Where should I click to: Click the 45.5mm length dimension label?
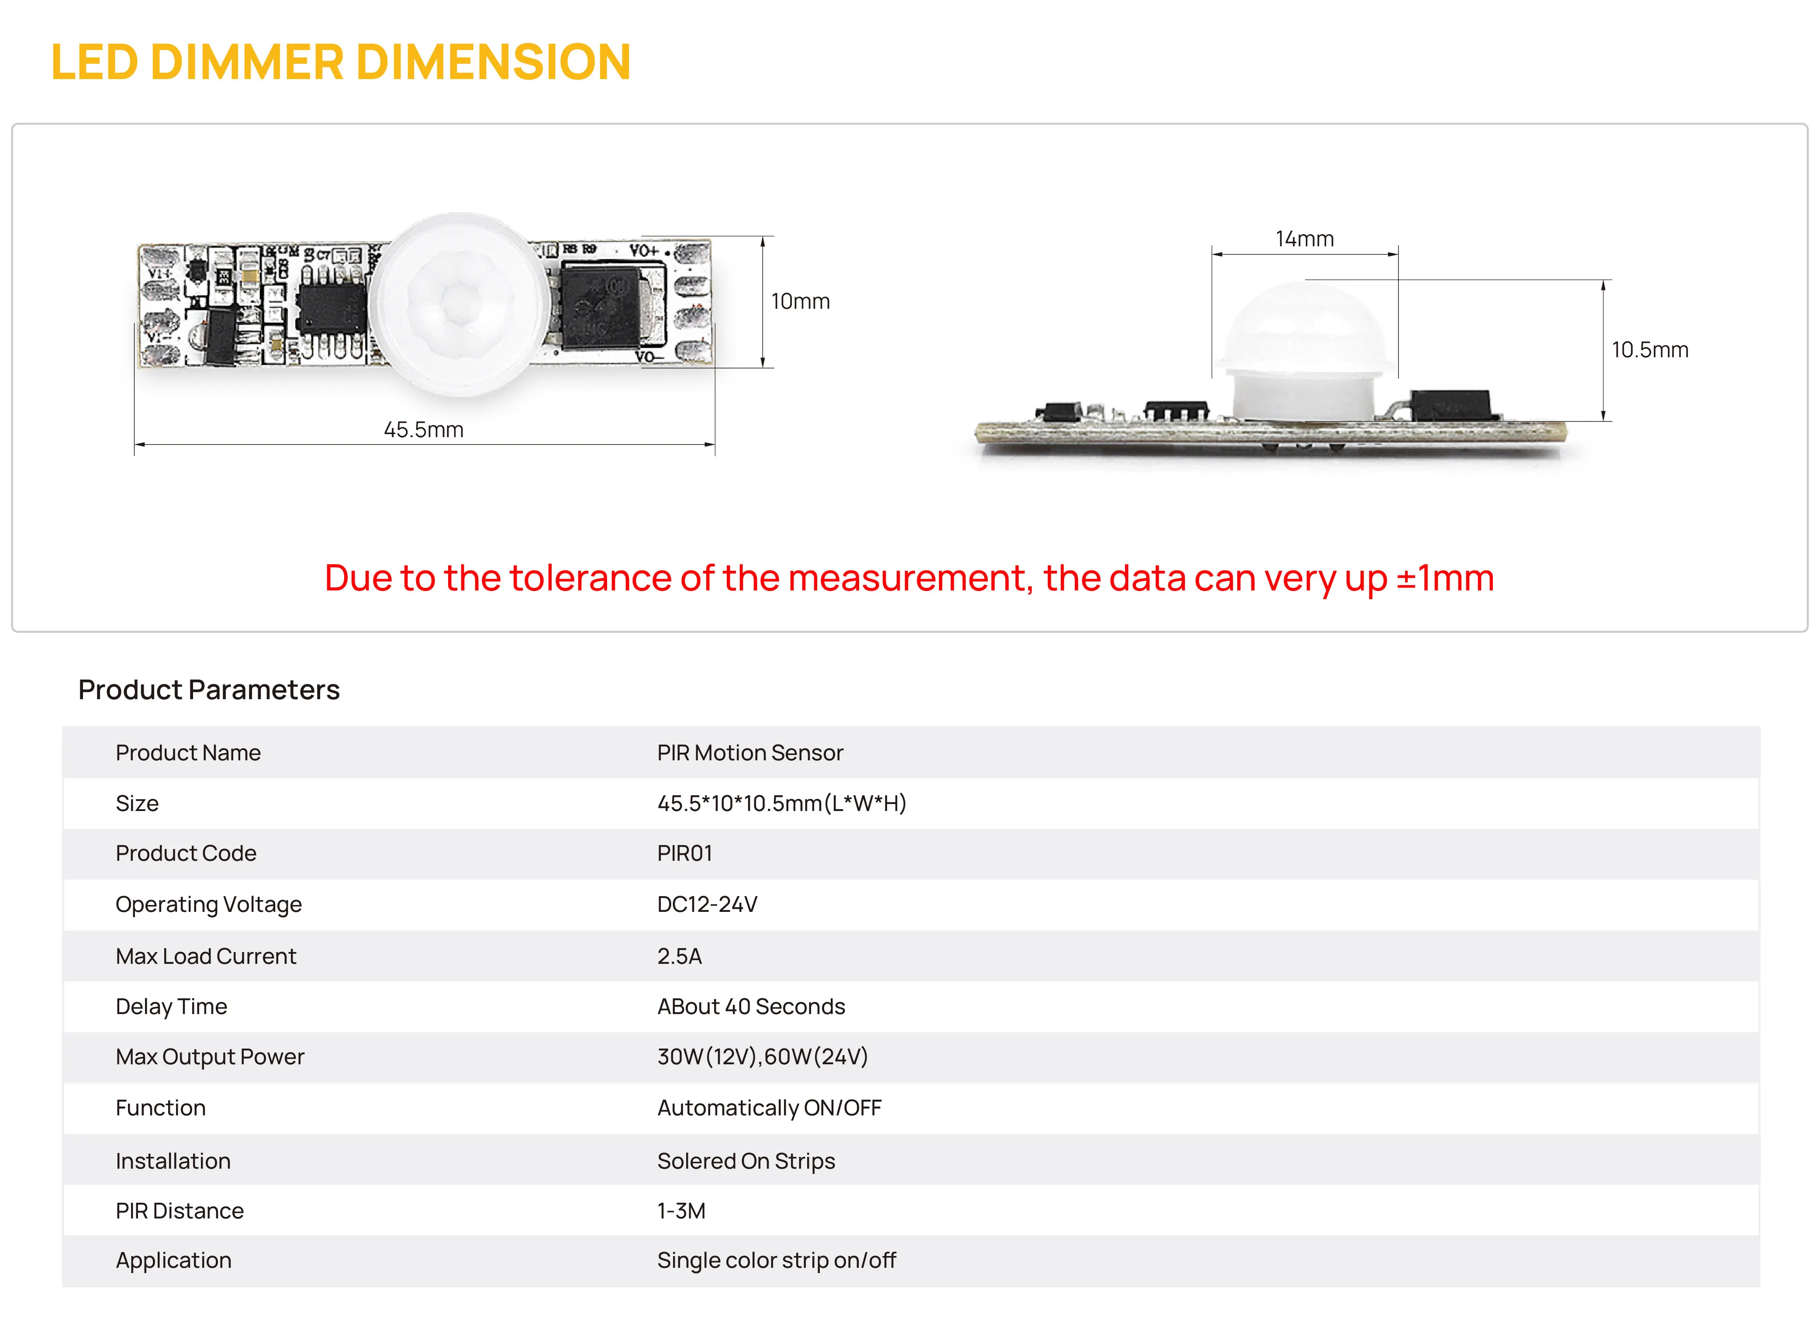click(x=423, y=430)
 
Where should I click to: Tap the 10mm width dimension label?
click(x=800, y=301)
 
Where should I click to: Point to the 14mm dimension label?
click(x=1304, y=239)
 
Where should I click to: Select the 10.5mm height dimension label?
click(x=1649, y=350)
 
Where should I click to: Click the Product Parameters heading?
click(x=209, y=690)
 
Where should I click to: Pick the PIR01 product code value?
click(x=684, y=853)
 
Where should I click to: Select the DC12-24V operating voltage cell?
click(x=707, y=904)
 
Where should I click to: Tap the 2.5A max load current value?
click(x=679, y=956)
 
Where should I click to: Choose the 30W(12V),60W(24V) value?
click(x=762, y=1057)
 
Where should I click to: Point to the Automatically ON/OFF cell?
click(x=769, y=1108)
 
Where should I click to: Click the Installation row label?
click(x=173, y=1161)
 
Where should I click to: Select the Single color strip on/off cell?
click(x=776, y=1260)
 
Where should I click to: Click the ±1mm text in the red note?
click(x=1444, y=578)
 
